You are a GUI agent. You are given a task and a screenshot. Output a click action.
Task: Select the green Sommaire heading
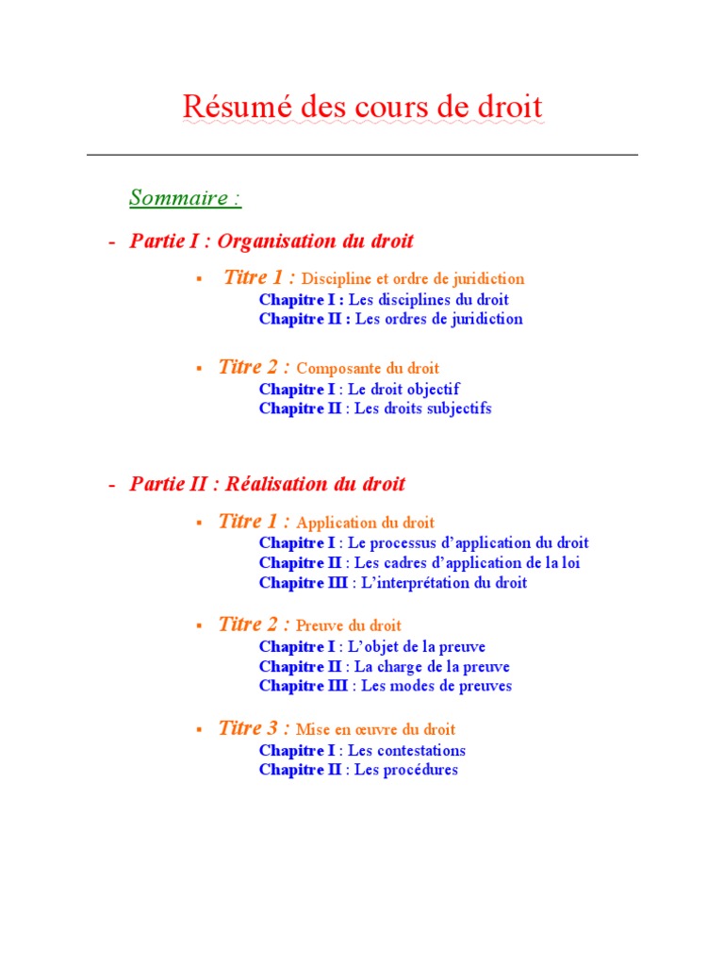185,198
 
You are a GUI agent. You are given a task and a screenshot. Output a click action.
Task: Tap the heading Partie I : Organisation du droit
271,241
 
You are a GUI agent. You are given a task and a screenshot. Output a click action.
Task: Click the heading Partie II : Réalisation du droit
268,485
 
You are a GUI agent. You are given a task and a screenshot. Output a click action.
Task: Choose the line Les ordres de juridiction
438,319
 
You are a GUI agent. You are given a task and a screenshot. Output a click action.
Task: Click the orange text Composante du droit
368,369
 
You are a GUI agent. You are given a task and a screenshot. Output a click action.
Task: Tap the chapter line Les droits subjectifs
422,408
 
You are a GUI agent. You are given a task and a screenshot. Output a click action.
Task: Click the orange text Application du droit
366,523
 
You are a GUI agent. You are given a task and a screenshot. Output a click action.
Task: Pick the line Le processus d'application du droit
468,542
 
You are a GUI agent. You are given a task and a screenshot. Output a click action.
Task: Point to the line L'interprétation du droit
439,583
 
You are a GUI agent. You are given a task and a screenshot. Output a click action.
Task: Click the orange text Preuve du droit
349,625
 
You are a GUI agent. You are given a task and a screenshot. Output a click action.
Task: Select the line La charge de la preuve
432,666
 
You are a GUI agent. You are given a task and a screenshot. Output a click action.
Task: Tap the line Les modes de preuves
436,686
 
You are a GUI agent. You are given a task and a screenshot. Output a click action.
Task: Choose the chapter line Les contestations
406,751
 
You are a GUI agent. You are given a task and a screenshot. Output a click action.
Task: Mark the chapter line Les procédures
403,770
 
